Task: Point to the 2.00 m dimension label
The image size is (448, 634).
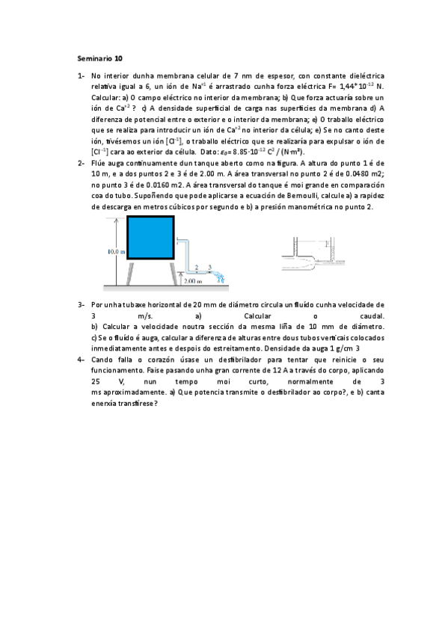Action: point(194,282)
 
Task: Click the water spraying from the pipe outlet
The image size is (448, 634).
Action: point(220,278)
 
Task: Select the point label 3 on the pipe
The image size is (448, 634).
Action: point(209,266)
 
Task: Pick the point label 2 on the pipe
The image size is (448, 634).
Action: point(196,266)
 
